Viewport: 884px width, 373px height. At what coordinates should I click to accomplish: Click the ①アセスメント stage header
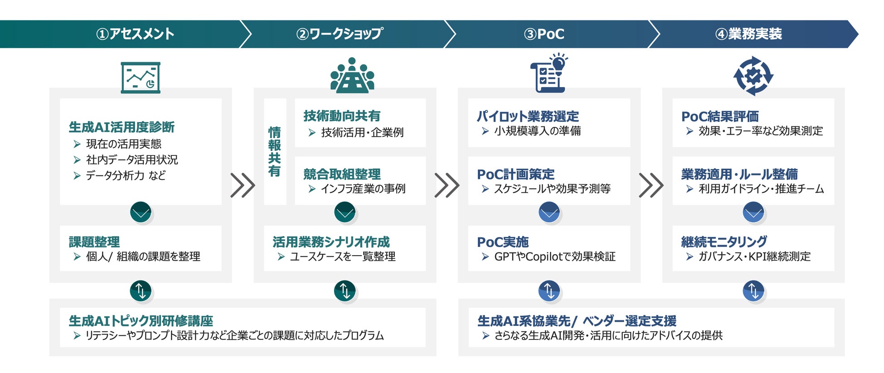point(135,34)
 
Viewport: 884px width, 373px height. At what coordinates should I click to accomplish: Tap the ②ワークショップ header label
point(339,34)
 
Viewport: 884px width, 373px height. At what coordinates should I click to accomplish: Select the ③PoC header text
point(544,34)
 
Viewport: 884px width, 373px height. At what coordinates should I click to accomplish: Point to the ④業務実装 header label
point(748,34)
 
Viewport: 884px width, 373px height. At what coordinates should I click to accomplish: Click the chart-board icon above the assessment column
point(141,78)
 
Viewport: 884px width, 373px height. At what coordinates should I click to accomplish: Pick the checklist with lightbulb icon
point(549,73)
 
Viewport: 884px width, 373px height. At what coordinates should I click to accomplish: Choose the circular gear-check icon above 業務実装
point(753,76)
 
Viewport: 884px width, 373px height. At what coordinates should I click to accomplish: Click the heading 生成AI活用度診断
point(121,127)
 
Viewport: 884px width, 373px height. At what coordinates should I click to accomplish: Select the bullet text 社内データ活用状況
point(132,160)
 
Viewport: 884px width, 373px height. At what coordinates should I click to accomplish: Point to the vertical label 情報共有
point(274,151)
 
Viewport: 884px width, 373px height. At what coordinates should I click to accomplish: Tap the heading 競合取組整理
point(342,174)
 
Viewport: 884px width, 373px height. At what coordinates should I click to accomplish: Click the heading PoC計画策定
point(515,174)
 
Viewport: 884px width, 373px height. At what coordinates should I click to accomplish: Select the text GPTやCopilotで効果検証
point(554,257)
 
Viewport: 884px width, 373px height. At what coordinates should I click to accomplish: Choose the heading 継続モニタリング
point(724,242)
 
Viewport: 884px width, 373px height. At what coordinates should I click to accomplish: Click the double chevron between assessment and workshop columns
point(243,185)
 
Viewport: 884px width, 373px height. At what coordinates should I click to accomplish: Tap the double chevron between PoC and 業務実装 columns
point(651,185)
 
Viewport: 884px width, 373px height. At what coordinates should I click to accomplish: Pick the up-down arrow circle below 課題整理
point(141,291)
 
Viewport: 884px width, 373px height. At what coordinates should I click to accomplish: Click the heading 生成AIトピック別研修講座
point(141,321)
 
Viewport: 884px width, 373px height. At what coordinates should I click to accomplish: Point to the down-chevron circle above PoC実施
point(549,212)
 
